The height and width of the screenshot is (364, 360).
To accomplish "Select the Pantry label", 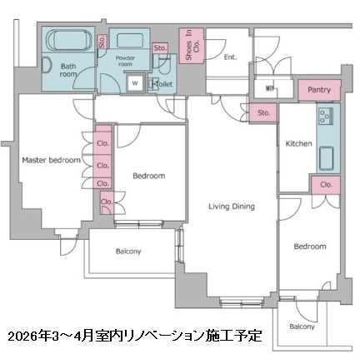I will point(318,89).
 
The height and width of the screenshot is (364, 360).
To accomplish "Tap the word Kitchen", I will point(298,143).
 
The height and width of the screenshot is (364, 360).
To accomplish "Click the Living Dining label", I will point(231,206).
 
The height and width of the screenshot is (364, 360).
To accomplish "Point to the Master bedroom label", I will point(51,159).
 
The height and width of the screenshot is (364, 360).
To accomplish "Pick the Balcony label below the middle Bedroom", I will point(127,252).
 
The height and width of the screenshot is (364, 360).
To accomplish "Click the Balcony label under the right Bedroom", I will point(302,327).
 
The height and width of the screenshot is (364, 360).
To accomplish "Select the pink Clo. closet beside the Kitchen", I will point(326,185).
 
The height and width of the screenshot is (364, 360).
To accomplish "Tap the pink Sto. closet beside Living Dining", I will point(263,112).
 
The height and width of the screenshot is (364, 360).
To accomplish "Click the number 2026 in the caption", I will point(22,337).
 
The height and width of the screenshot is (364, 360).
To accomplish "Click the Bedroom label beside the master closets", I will point(147,176).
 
